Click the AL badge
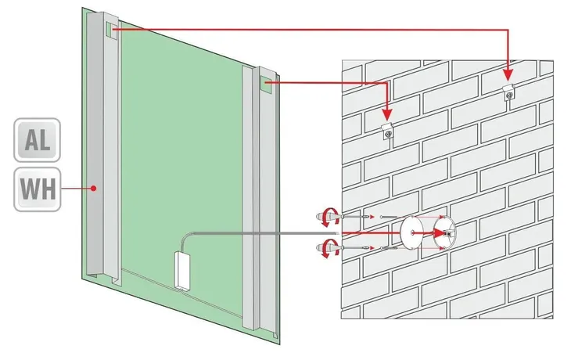coord(37,140)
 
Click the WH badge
coord(37,189)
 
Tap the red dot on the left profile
coord(94,189)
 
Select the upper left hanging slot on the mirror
coord(111,30)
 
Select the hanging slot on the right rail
coord(266,85)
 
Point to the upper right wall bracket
coord(508,92)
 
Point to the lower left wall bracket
coord(388,131)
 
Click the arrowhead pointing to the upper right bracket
coord(508,75)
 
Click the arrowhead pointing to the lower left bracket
coord(387,114)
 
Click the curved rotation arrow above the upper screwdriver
coord(330,216)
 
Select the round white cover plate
coord(412,232)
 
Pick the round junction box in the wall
coord(444,232)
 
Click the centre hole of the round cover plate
coord(412,232)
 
